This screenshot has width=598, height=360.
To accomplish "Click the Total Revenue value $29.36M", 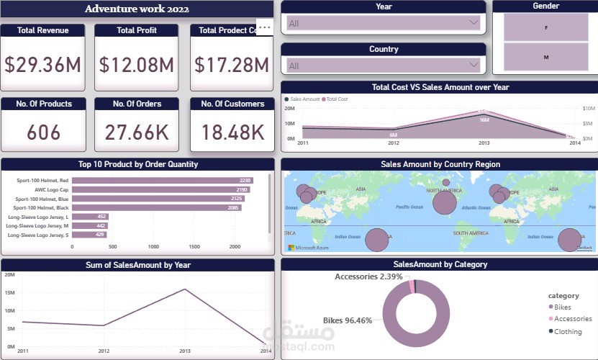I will pyautogui.click(x=42, y=65).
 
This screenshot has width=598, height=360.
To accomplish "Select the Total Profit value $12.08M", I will pyautogui.click(x=137, y=65).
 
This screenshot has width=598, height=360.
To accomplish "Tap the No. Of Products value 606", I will pyautogui.click(x=43, y=132).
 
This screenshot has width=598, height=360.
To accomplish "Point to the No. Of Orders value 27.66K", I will pyautogui.click(x=137, y=132).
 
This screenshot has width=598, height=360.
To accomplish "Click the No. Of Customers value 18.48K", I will pyautogui.click(x=232, y=132).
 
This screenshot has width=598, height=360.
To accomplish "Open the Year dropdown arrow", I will pyautogui.click(x=474, y=22).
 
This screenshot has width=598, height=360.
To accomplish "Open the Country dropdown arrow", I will pyautogui.click(x=474, y=65).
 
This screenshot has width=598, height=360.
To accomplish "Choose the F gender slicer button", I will pyautogui.click(x=545, y=27).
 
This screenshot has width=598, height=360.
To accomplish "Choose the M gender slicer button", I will pyautogui.click(x=545, y=57).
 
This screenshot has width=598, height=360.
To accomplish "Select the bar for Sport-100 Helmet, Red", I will pyautogui.click(x=163, y=181).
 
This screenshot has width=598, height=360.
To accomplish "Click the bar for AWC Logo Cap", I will pyautogui.click(x=161, y=189).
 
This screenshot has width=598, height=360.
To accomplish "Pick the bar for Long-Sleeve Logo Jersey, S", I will pyautogui.click(x=83, y=234).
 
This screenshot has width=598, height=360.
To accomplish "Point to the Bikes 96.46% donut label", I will pyautogui.click(x=348, y=320).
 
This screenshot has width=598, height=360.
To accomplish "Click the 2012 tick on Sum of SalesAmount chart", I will pyautogui.click(x=104, y=351).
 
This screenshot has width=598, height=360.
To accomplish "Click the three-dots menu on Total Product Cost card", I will pyautogui.click(x=264, y=27).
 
